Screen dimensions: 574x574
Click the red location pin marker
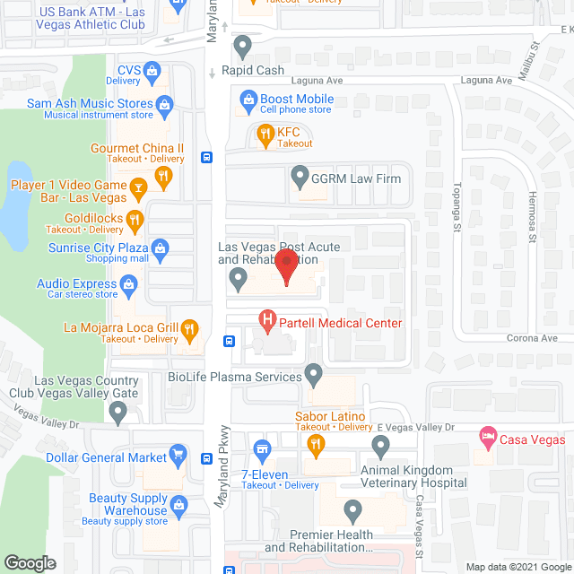point(286,267)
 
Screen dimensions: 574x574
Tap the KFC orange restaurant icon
point(265,136)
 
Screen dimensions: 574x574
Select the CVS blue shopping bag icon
point(152,70)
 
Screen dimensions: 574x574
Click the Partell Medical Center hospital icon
point(266,318)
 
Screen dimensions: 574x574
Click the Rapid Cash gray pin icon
point(241,45)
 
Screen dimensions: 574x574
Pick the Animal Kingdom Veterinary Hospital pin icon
point(382,446)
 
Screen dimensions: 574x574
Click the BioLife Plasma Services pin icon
point(313,372)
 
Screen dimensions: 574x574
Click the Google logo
point(30,563)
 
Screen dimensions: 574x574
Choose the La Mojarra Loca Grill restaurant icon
point(189,328)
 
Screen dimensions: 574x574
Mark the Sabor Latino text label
point(330,416)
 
